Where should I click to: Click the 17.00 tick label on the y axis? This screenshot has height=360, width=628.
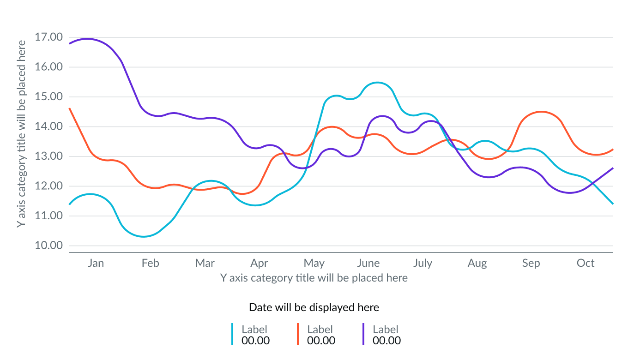pos(48,37)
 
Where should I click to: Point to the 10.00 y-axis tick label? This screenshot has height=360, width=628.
pos(48,246)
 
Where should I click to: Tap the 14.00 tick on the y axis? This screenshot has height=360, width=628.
pos(48,126)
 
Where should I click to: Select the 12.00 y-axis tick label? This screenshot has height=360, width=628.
pos(48,186)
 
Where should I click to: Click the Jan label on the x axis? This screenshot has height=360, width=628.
pos(96,263)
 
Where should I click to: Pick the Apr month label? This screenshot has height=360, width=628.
pos(260,263)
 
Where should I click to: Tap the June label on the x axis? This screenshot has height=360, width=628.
pos(368,263)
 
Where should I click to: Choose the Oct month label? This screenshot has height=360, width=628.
pos(586,263)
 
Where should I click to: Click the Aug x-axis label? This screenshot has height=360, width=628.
pos(477,263)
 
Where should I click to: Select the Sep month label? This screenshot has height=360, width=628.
pos(531,263)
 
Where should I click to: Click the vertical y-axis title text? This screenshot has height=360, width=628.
pos(21,134)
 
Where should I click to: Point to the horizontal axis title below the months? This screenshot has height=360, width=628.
pos(314,278)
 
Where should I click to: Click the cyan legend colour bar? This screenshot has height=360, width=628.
pos(232,334)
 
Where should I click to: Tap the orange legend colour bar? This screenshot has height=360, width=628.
pos(298,334)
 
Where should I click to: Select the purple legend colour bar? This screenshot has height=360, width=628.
pos(363,334)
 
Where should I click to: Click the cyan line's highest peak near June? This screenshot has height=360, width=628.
pos(378,83)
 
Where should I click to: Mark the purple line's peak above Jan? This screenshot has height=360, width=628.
pos(87,39)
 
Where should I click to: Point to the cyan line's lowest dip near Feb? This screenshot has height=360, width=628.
pos(144,236)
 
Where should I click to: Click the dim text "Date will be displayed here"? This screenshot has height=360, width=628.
pos(314,307)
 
